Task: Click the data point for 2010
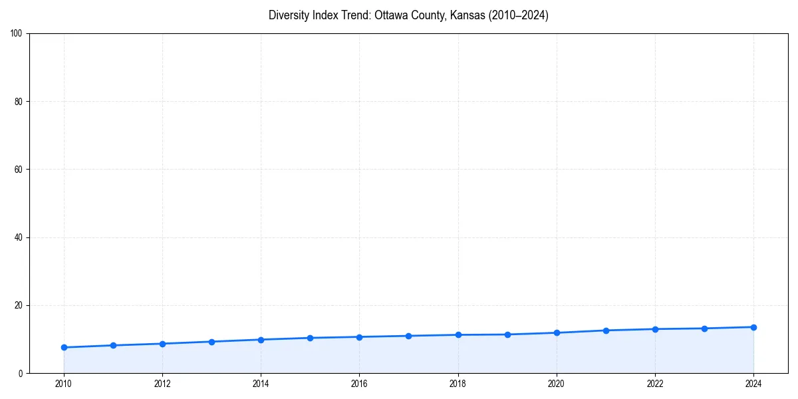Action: click(x=64, y=347)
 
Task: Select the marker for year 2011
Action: click(x=113, y=345)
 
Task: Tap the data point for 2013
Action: click(x=211, y=342)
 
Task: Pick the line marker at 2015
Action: click(x=310, y=338)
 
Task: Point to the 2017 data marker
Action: click(x=408, y=336)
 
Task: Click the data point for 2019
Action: click(x=507, y=334)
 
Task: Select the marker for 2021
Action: click(x=606, y=331)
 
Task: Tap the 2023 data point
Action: click(x=704, y=329)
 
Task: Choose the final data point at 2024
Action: click(x=753, y=327)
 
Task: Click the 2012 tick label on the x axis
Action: click(x=162, y=383)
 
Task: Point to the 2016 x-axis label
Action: click(x=359, y=383)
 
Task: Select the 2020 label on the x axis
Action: click(x=557, y=383)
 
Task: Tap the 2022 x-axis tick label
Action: click(x=655, y=383)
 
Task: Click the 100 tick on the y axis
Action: click(x=17, y=34)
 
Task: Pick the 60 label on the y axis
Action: click(x=19, y=170)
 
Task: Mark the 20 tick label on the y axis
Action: click(x=19, y=305)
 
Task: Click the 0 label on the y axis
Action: click(x=21, y=373)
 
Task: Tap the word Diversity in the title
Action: click(x=288, y=15)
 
